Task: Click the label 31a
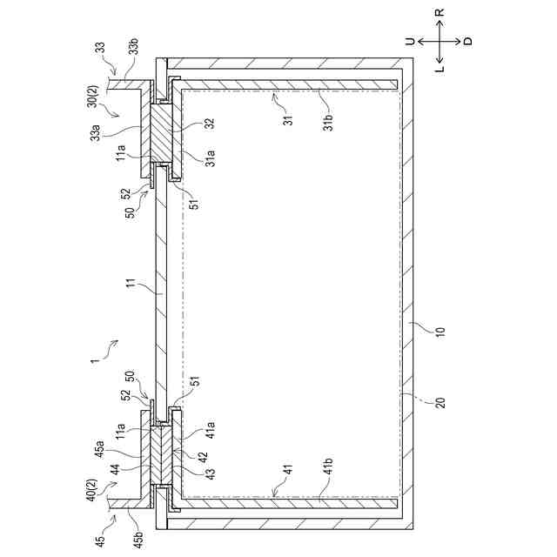(x=209, y=160)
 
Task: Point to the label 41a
(x=209, y=432)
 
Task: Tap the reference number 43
(x=209, y=473)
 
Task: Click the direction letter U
(x=408, y=40)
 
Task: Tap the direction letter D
(x=467, y=41)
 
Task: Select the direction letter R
(x=440, y=12)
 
